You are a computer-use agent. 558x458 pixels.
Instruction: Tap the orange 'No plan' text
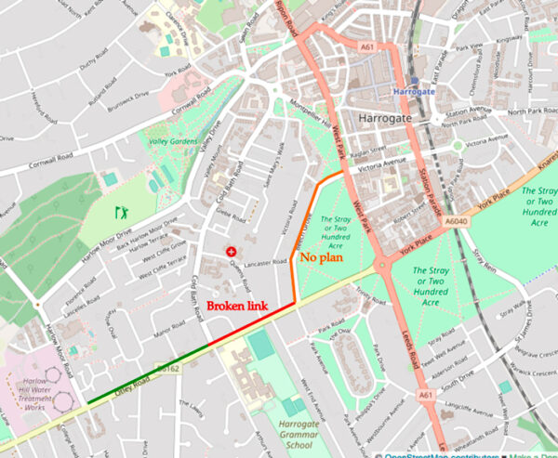[x=321, y=256]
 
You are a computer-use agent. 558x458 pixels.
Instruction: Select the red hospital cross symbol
[x=230, y=252]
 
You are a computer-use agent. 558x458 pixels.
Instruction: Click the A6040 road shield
[x=456, y=221]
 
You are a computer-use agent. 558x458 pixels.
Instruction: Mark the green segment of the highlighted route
[x=149, y=374]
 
